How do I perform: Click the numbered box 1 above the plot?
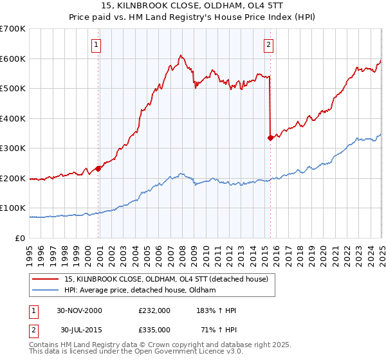tap(95, 45)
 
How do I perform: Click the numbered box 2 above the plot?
tap(268, 45)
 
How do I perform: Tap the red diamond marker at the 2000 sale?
tap(98, 169)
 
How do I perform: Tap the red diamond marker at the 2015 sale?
tap(270, 138)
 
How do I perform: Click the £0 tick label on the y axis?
tap(21, 238)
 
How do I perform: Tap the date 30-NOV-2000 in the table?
tap(80, 310)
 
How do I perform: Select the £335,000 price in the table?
tap(158, 330)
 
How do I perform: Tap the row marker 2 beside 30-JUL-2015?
tap(32, 330)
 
